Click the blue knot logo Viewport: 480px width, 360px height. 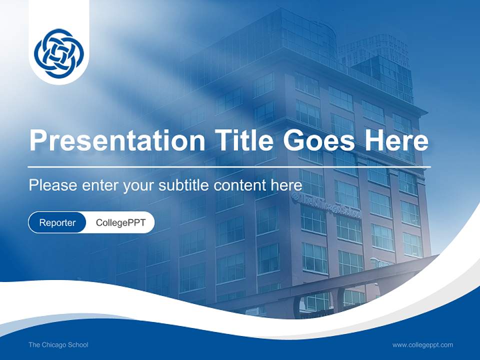(x=59, y=53)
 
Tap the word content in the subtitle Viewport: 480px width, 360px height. (x=239, y=185)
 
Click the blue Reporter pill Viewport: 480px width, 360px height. (x=57, y=222)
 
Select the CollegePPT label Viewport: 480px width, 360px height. (x=120, y=222)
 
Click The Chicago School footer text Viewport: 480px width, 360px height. (x=58, y=344)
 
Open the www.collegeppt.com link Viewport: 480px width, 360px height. (x=422, y=344)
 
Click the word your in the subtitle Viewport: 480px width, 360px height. (x=139, y=186)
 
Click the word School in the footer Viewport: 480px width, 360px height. (x=78, y=344)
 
